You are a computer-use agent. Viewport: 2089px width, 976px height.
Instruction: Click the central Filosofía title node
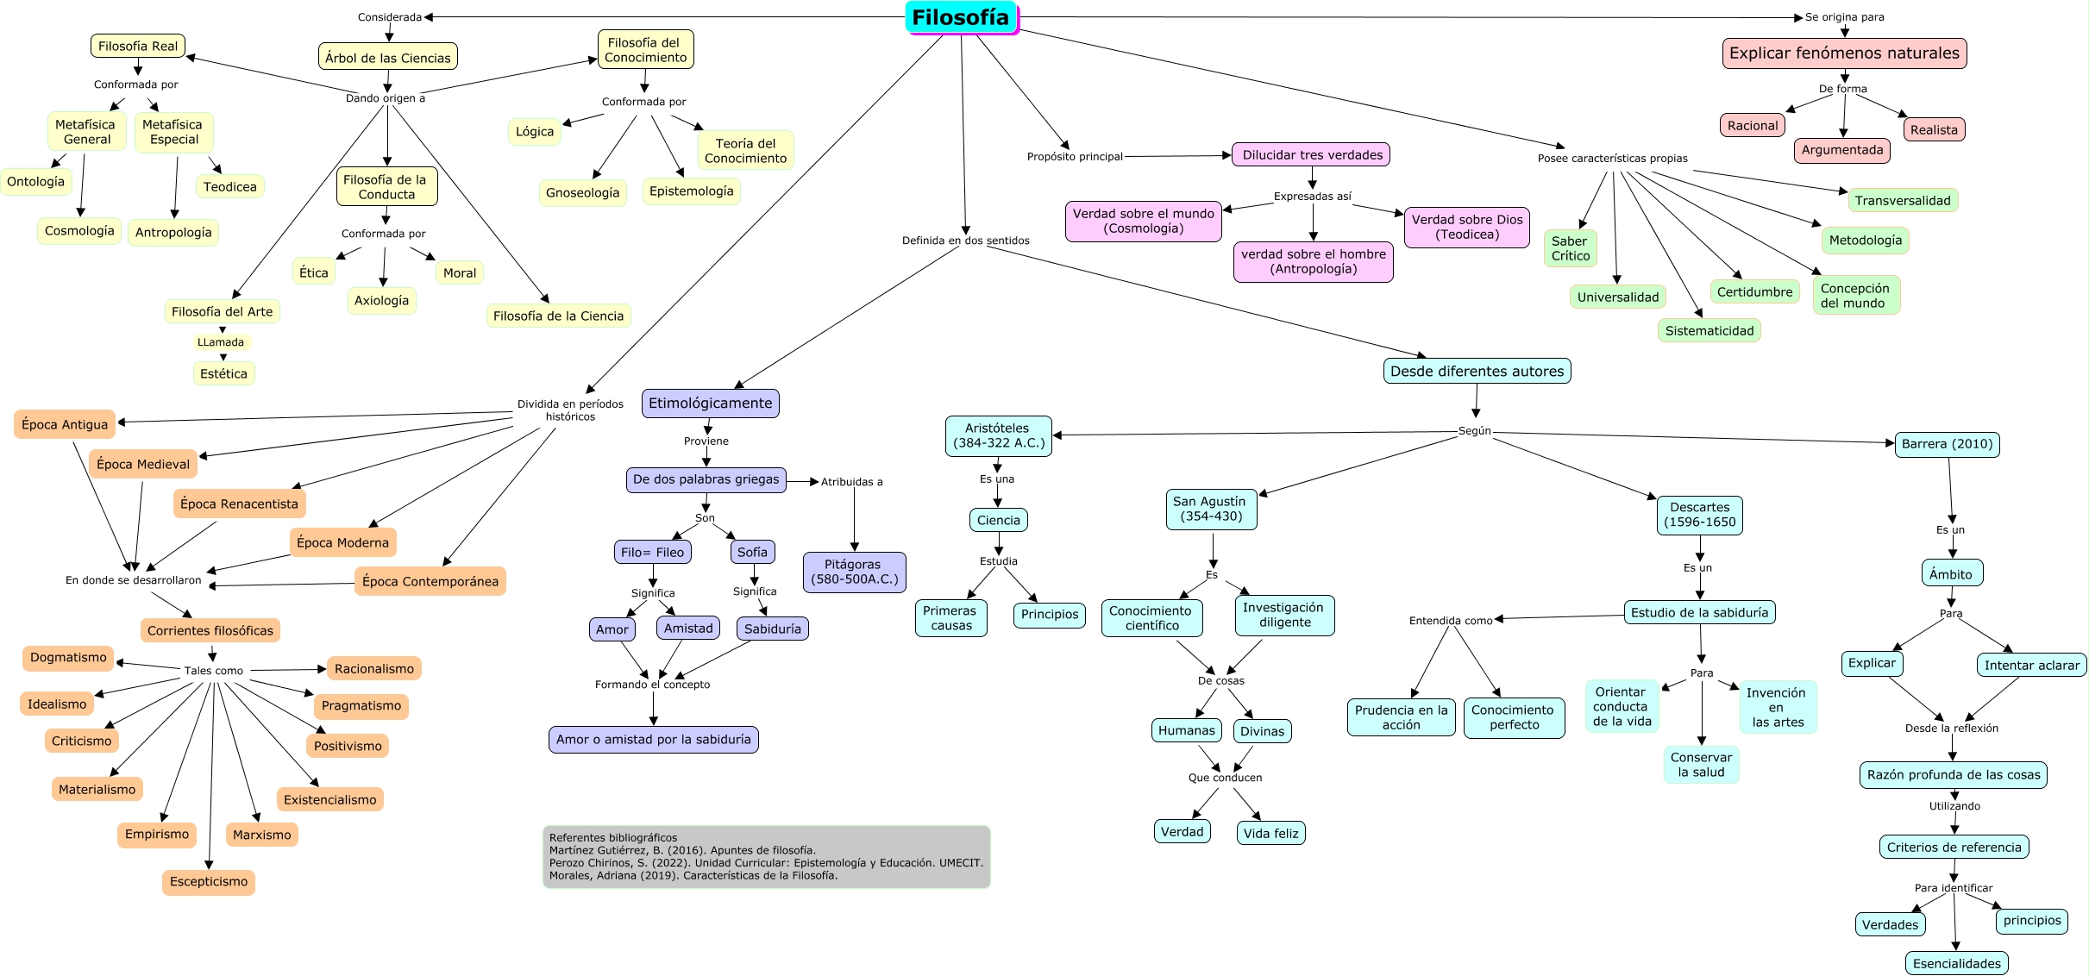pyautogui.click(x=961, y=17)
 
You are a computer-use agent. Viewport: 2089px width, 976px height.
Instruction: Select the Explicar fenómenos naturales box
pyautogui.click(x=1844, y=53)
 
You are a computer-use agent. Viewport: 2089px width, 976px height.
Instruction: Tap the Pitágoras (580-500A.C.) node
pyautogui.click(x=854, y=572)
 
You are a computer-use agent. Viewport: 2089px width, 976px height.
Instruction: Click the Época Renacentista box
pyautogui.click(x=239, y=504)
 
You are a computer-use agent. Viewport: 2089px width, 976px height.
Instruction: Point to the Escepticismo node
pyautogui.click(x=209, y=882)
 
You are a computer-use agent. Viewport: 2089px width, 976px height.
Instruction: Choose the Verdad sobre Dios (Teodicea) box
pyautogui.click(x=1466, y=227)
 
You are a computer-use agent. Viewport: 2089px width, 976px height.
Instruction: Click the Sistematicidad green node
pyautogui.click(x=1709, y=331)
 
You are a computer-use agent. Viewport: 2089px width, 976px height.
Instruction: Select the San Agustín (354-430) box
pyautogui.click(x=1211, y=510)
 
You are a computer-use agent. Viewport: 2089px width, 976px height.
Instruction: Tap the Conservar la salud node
pyautogui.click(x=1701, y=765)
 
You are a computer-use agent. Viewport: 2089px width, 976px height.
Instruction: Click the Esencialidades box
pyautogui.click(x=1956, y=963)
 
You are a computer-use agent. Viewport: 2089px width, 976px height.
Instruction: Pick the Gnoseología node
pyautogui.click(x=582, y=193)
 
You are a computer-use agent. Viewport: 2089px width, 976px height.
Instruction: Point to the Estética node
pyautogui.click(x=223, y=373)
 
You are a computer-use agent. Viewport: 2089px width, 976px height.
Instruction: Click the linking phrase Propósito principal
pyautogui.click(x=1074, y=157)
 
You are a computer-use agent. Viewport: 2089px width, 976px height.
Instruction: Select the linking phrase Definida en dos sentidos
pyautogui.click(x=965, y=241)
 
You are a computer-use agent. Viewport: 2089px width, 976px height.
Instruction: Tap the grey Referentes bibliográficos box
pyautogui.click(x=766, y=856)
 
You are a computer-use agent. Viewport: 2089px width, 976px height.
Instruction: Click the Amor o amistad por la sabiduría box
pyautogui.click(x=653, y=740)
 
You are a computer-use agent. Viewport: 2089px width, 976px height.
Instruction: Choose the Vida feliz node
pyautogui.click(x=1270, y=833)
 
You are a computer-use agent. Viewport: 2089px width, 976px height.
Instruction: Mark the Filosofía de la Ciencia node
pyautogui.click(x=558, y=316)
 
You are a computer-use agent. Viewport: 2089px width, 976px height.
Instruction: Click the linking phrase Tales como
pyautogui.click(x=213, y=671)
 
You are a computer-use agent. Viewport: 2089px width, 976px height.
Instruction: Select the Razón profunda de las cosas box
pyautogui.click(x=1953, y=774)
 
